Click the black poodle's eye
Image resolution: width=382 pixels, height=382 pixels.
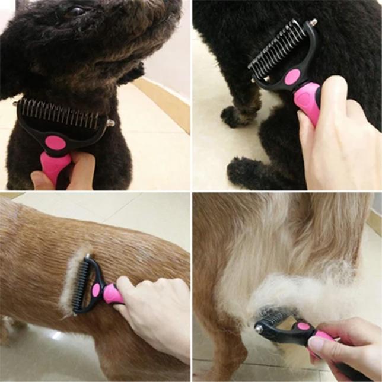[78, 10]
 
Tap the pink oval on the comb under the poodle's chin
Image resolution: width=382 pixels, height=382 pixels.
[56, 143]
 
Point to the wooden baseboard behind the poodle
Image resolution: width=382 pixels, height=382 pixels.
[163, 101]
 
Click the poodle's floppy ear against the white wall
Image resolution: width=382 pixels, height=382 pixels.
[133, 74]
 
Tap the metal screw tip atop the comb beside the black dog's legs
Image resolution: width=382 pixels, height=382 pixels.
[313, 23]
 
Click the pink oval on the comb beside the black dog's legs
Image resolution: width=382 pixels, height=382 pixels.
[292, 77]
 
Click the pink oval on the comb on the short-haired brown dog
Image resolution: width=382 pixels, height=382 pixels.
[96, 289]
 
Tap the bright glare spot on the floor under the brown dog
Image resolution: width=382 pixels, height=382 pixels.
[56, 335]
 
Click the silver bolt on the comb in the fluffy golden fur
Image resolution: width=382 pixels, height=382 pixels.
[259, 327]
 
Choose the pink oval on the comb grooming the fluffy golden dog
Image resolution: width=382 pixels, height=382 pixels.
[303, 327]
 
